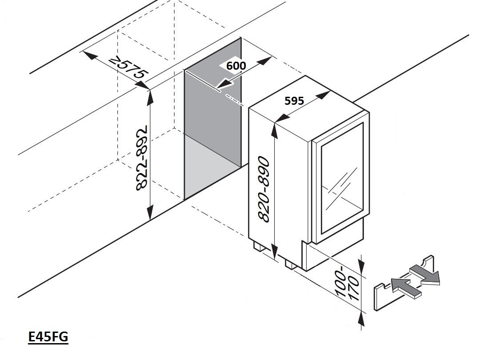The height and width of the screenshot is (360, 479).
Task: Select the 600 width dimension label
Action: (x=236, y=65)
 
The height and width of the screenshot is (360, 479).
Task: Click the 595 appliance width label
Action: (x=294, y=101)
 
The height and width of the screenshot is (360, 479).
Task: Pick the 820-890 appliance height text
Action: (x=263, y=189)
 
